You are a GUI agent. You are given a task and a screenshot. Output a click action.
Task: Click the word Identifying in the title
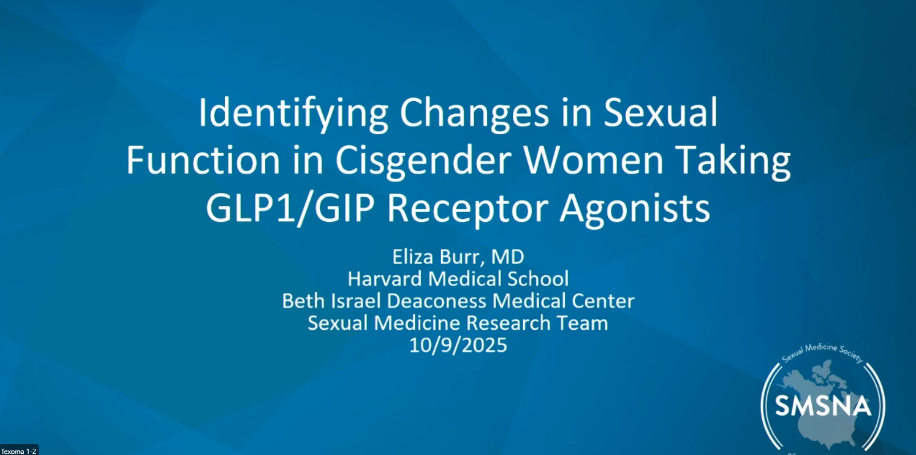tap(293, 113)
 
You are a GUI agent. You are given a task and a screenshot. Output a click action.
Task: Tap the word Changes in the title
tap(474, 113)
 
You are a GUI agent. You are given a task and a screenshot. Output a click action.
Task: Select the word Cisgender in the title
tap(423, 160)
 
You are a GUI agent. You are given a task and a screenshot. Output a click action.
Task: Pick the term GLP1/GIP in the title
tap(290, 208)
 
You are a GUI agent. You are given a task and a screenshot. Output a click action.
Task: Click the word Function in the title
tap(203, 160)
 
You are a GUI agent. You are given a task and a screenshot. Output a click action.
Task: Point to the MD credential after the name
tap(507, 257)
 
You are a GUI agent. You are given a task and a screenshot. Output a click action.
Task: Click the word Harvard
tap(385, 279)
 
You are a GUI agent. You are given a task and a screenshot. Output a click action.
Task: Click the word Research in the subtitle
tap(509, 323)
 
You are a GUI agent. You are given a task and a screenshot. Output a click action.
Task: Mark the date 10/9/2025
tap(458, 345)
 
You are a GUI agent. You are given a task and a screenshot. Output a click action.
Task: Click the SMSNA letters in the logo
tap(823, 406)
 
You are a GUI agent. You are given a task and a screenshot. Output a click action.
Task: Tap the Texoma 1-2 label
tap(19, 451)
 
